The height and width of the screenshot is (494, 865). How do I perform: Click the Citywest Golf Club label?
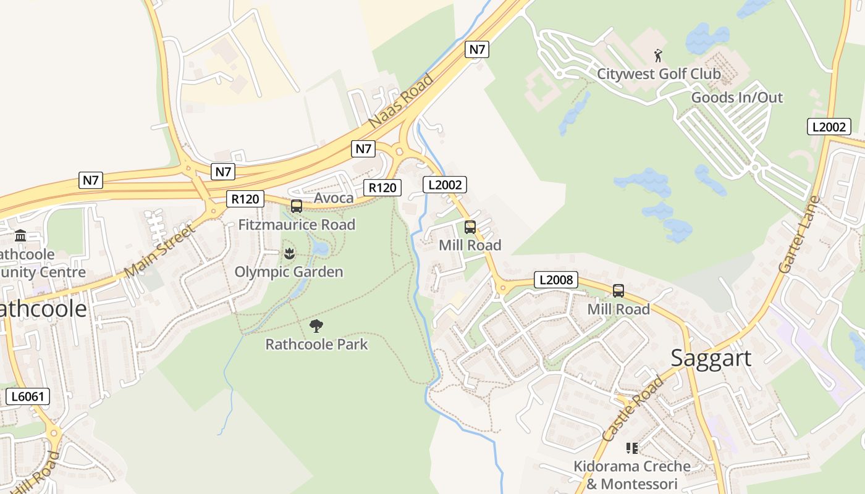click(x=658, y=74)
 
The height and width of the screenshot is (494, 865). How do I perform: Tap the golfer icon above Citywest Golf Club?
click(x=658, y=56)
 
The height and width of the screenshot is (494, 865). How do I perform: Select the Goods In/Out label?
click(x=736, y=98)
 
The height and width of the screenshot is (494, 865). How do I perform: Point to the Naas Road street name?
click(x=401, y=101)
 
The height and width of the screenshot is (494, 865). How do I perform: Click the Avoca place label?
click(x=334, y=198)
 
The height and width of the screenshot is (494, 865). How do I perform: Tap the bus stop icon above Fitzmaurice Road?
click(x=297, y=206)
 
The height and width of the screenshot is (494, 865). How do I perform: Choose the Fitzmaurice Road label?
click(x=297, y=225)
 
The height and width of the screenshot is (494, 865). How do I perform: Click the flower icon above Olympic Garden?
click(x=289, y=253)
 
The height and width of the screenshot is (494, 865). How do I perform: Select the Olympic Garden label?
click(x=289, y=272)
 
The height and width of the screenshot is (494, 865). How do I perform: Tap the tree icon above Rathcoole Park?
click(x=316, y=325)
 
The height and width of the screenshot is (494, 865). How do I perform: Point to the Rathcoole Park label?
click(x=316, y=344)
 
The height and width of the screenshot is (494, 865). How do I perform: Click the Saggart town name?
click(x=711, y=358)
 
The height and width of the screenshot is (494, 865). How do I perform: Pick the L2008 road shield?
click(x=556, y=280)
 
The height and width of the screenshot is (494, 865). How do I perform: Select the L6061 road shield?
click(x=28, y=396)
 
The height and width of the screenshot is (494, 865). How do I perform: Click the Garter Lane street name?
click(x=800, y=235)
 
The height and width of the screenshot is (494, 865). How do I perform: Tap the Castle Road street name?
click(x=632, y=408)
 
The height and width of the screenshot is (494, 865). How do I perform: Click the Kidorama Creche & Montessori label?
click(x=631, y=475)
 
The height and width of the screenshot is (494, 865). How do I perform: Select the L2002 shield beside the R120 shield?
click(x=445, y=184)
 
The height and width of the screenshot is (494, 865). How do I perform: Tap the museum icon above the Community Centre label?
click(x=20, y=236)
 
